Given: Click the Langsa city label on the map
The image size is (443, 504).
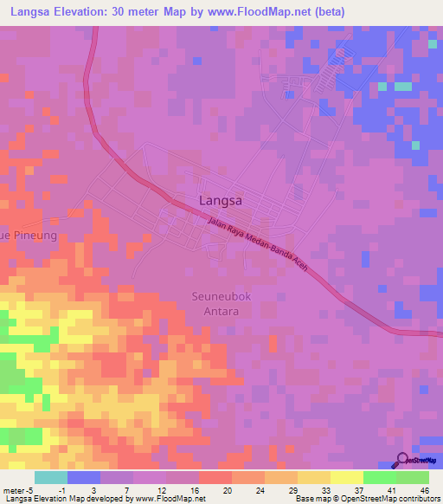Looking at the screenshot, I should pyautogui.click(x=220, y=200).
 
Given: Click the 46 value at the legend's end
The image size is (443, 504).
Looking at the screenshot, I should pyautogui.click(x=425, y=489).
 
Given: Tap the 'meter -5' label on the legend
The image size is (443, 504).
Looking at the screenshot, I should pyautogui.click(x=16, y=489).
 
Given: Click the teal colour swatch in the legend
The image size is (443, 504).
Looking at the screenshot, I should pyautogui.click(x=51, y=477).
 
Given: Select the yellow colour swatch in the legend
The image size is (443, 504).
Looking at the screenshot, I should pyautogui.click(x=314, y=477).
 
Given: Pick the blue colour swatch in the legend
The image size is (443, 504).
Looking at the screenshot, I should pyautogui.click(x=84, y=477).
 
